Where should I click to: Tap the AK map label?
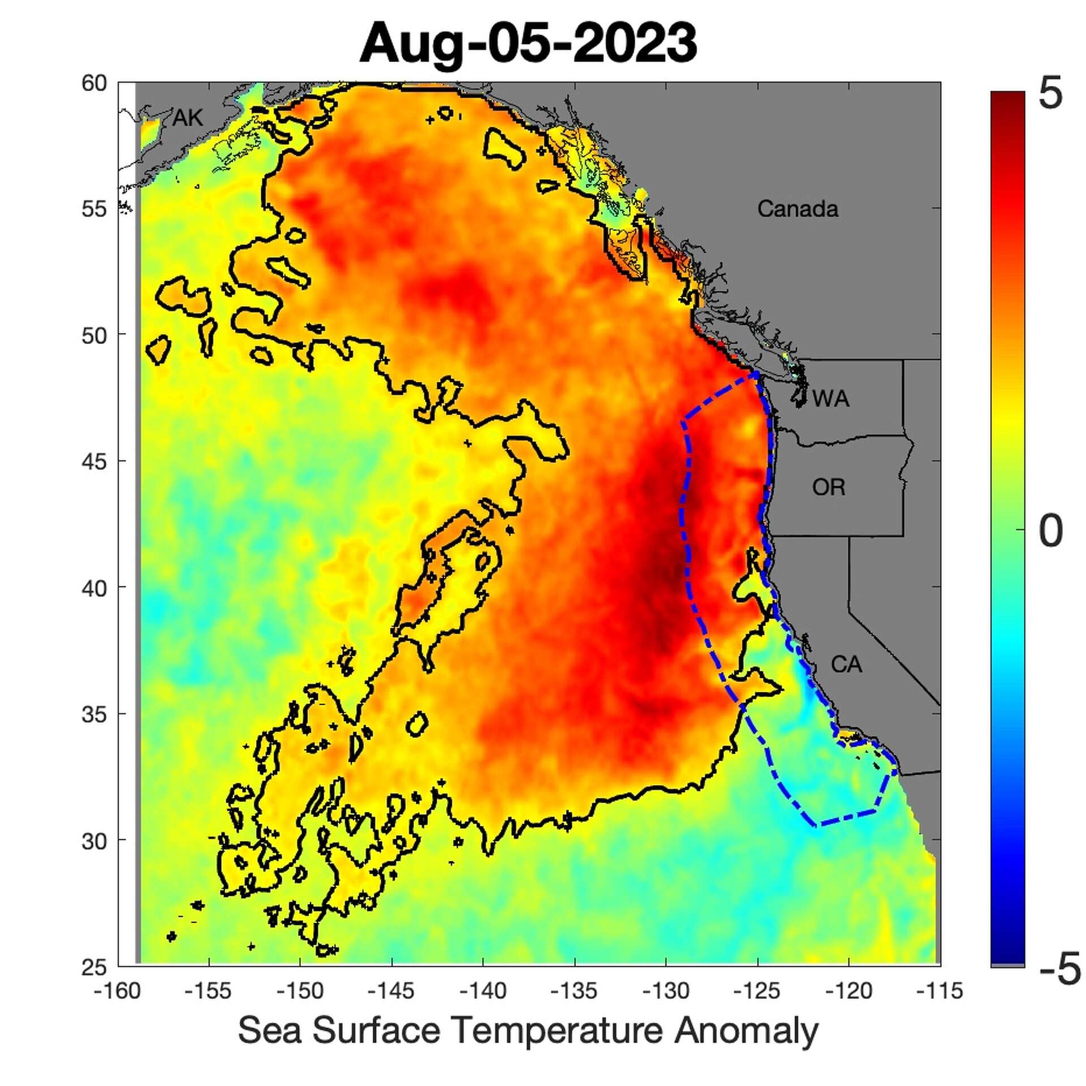187,118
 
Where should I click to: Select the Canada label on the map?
798,209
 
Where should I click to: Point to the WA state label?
830,399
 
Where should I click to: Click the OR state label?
829,487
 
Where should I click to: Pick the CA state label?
846,664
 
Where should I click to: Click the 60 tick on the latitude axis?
94,84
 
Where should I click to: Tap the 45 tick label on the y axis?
94,462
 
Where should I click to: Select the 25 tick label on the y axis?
94,968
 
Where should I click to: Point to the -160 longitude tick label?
118,991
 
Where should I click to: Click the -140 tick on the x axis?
482,991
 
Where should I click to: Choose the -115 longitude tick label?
940,991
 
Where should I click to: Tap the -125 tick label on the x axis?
757,991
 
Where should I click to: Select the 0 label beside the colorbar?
1051,531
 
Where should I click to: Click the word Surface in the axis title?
376,1030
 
